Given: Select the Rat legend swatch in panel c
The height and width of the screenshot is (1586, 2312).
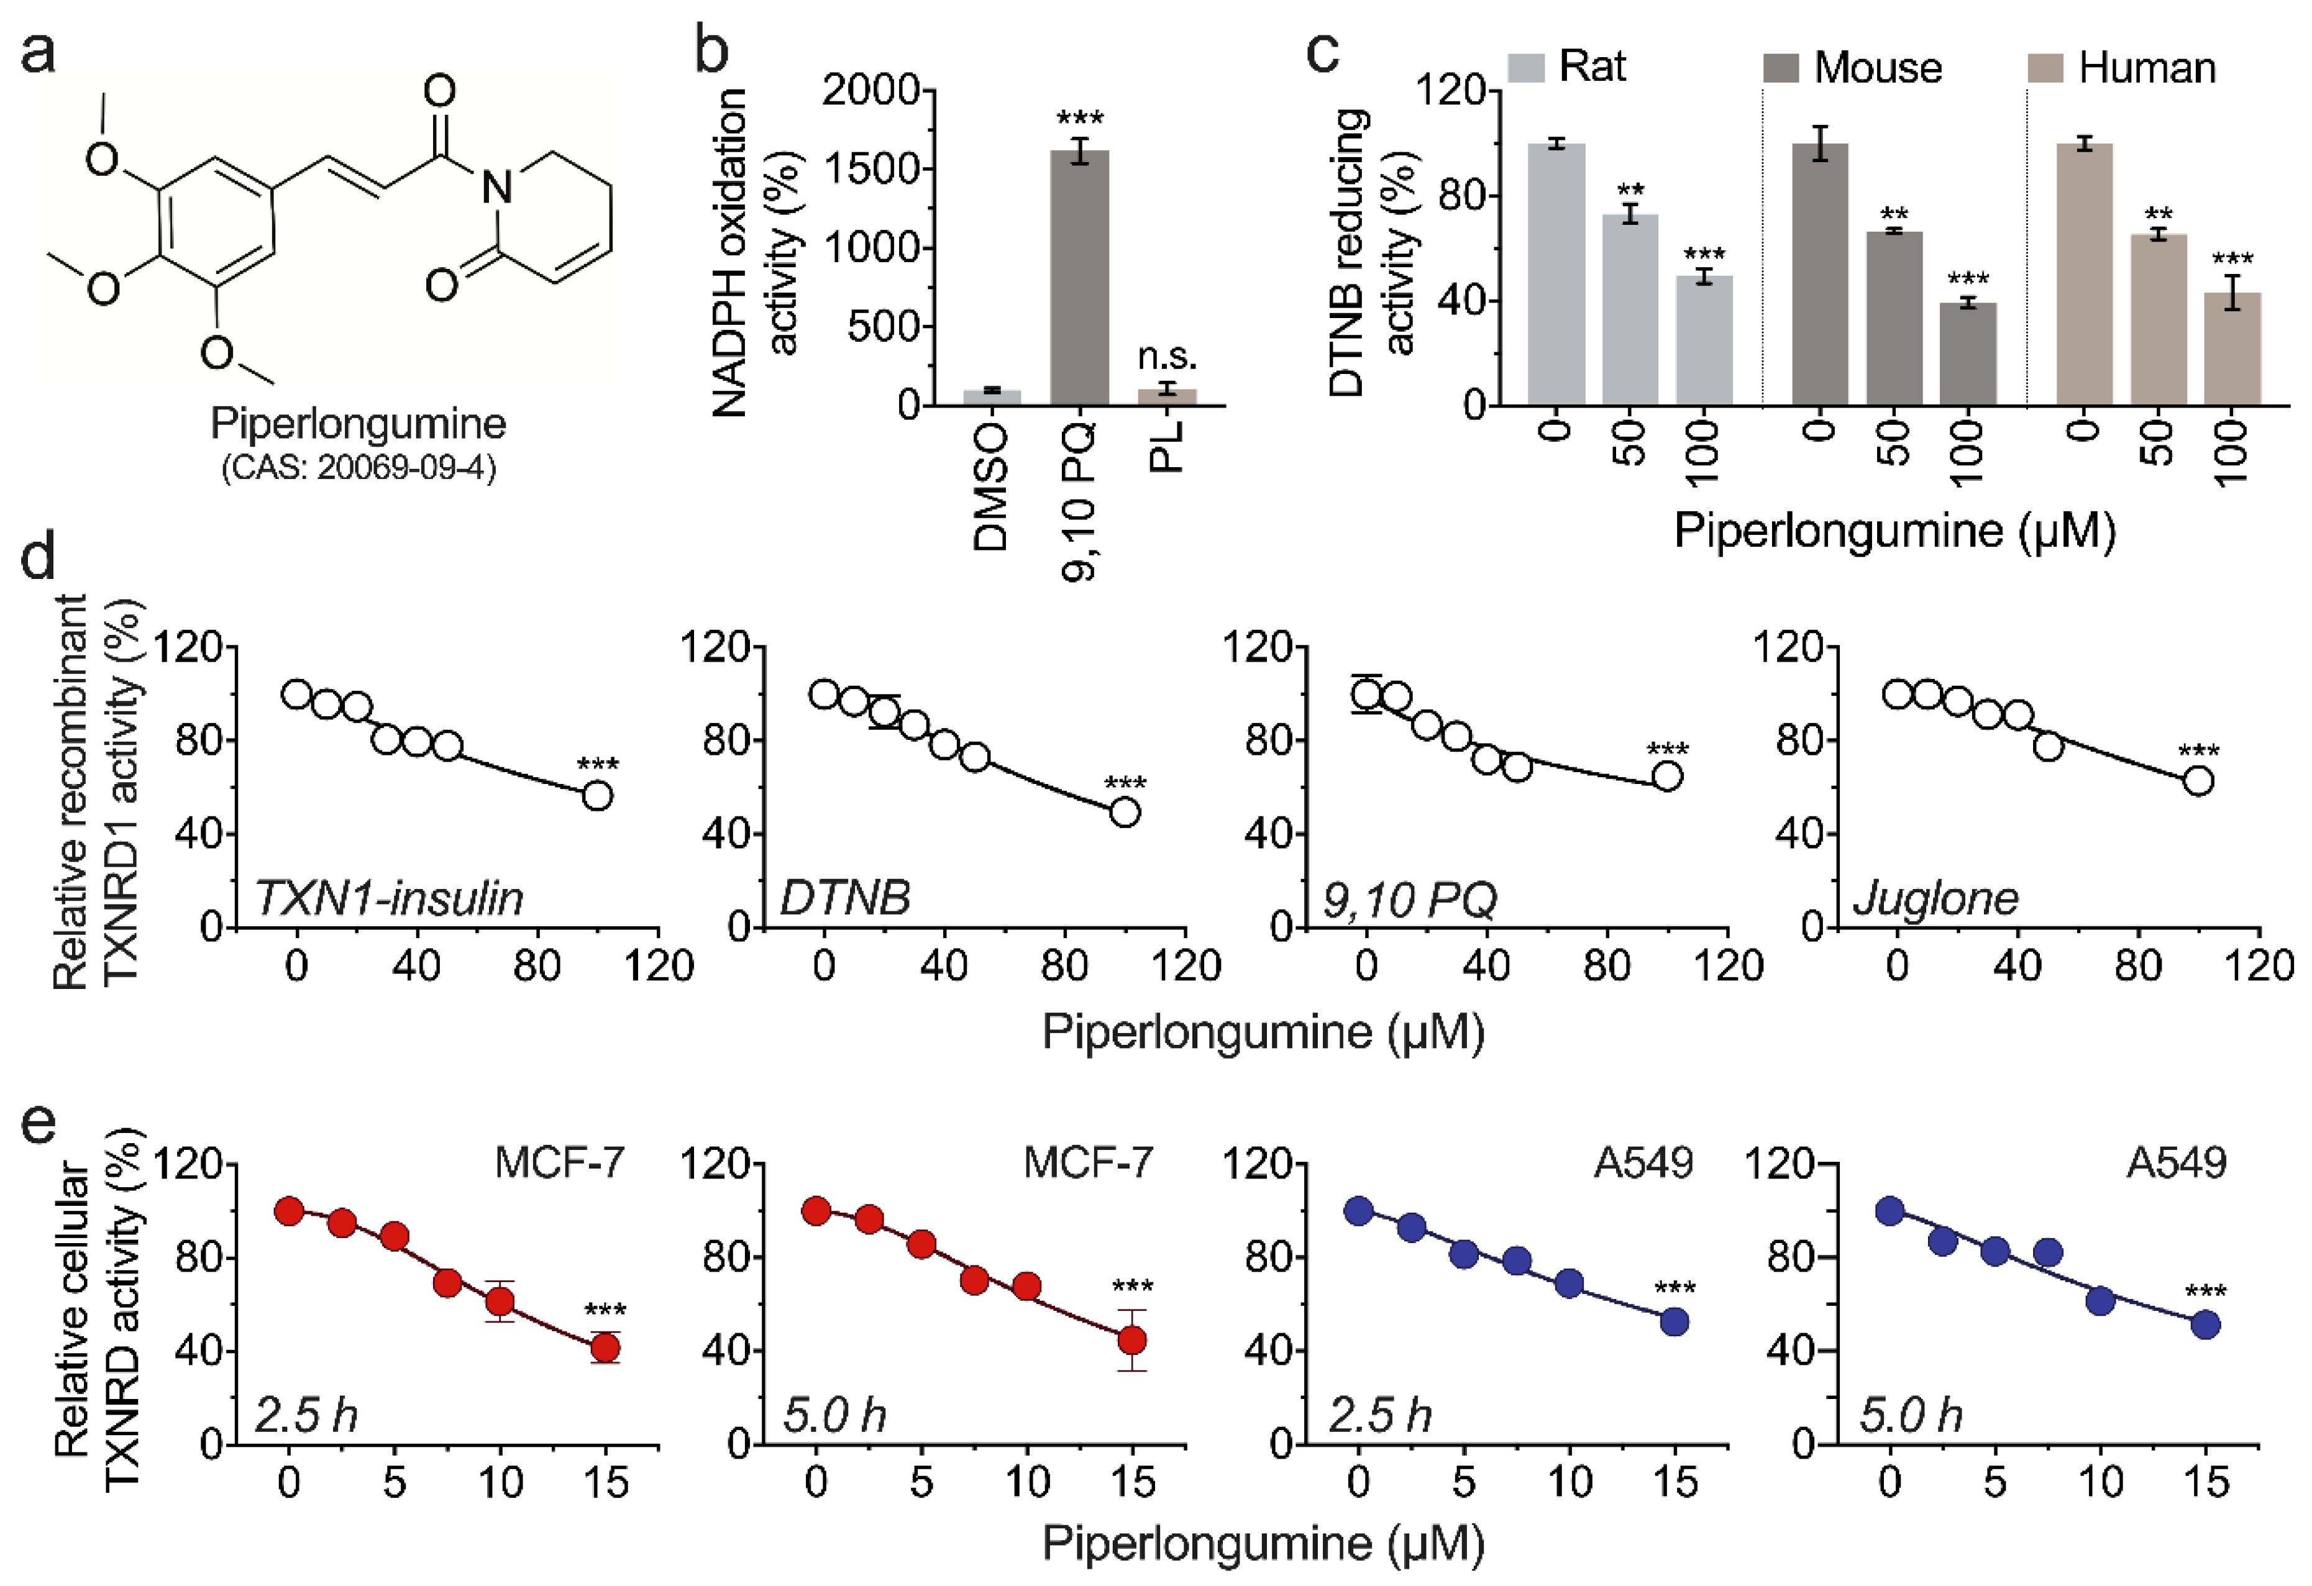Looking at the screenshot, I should pos(1526,68).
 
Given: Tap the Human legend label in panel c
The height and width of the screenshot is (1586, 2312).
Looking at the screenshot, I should pos(2147,68).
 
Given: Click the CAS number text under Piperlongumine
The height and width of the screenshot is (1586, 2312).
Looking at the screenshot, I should pos(358,467).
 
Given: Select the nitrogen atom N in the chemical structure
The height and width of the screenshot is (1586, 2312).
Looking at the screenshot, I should pos(496,186).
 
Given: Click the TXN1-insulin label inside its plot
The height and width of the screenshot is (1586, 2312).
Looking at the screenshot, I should pos(389,898).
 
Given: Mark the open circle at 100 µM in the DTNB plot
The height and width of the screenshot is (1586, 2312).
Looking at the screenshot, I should pos(1125,813).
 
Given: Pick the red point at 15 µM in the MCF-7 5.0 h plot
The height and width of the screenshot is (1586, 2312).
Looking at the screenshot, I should pos(1131,1341).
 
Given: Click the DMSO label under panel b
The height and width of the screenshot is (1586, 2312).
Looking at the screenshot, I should pos(991,487).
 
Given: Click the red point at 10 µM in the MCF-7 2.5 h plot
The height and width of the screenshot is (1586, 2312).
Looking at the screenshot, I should pos(500,1301).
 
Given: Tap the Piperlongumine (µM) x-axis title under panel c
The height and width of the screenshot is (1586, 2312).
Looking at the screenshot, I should pos(1894,530).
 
